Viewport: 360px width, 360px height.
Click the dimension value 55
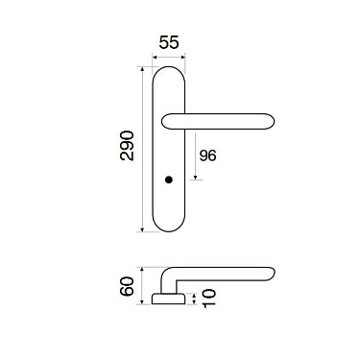168,43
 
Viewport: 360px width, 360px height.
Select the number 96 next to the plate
207,155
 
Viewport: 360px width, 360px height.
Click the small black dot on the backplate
169,181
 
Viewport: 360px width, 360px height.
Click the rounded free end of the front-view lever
272,120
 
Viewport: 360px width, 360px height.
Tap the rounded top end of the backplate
169,72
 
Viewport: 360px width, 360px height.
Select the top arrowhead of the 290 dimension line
144,69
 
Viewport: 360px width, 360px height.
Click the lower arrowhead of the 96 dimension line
197,179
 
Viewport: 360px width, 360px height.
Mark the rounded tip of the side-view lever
273,274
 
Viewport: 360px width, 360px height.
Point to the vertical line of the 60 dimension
141,285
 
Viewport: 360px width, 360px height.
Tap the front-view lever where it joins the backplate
170,120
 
